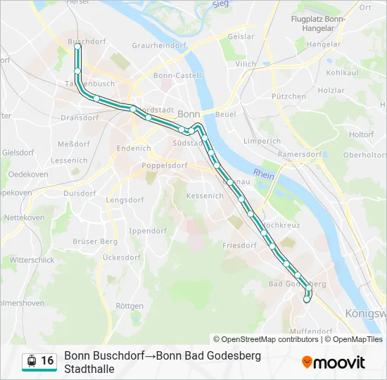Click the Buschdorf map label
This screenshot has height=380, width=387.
point(87,42)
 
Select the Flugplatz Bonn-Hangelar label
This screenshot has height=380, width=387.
point(318,24)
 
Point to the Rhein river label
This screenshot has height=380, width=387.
point(264,174)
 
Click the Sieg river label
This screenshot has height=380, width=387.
point(221,4)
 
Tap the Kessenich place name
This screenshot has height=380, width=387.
point(205,196)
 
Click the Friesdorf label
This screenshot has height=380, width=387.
point(239,246)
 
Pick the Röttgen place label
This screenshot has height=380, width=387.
point(129,306)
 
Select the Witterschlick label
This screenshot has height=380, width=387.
point(32,260)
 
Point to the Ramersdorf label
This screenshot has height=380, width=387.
point(300,154)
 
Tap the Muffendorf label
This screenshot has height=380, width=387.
point(310,331)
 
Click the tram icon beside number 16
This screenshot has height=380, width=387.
point(31,361)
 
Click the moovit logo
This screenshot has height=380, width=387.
point(334,362)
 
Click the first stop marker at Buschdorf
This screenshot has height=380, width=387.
point(77,47)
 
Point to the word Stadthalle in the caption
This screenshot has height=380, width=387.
point(89,368)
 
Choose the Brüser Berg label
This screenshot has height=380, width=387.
point(95,241)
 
